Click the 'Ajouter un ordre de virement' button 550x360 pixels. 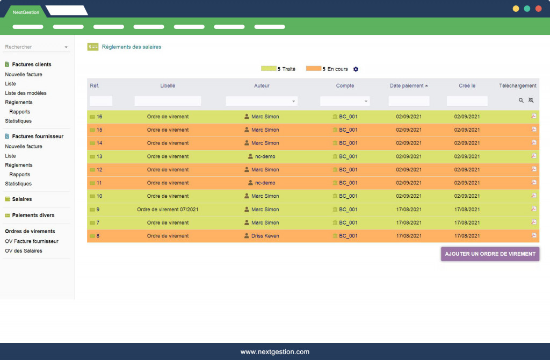click(x=490, y=254)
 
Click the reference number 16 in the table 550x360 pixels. click(x=99, y=117)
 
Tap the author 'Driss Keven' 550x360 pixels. click(x=265, y=236)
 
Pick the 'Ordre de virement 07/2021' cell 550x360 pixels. click(x=168, y=210)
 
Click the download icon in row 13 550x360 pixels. click(x=533, y=156)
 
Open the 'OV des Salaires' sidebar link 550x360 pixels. click(x=24, y=251)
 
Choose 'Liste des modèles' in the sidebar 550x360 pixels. click(x=26, y=93)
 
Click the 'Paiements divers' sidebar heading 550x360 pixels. click(x=33, y=215)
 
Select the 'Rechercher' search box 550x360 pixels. click(x=37, y=47)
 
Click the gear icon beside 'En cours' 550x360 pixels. click(x=356, y=69)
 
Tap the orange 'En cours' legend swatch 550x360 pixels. click(x=314, y=69)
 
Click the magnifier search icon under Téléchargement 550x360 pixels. click(x=521, y=100)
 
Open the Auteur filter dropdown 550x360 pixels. click(x=262, y=101)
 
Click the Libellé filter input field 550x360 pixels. click(x=168, y=101)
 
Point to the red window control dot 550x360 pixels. click(x=538, y=9)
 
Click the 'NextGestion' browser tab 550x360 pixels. click(x=24, y=11)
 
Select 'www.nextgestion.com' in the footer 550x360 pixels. click(x=275, y=352)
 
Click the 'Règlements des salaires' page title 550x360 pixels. click(x=132, y=47)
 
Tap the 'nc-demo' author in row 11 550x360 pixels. click(x=265, y=183)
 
